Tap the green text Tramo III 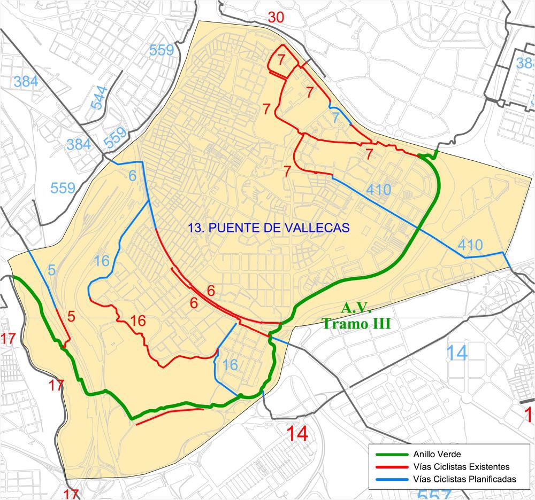(356, 324)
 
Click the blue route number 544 (99, 97)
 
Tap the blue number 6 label (133, 175)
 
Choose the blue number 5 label (51, 270)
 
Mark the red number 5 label (72, 316)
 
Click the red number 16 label (137, 321)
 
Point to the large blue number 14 (456, 353)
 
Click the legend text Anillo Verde (434, 455)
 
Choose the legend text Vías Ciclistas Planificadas (464, 479)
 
